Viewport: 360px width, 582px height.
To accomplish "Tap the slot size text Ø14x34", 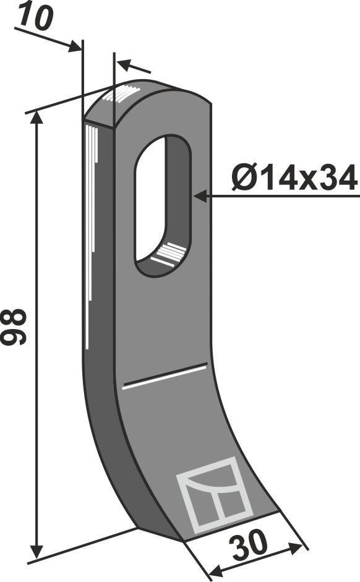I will pyautogui.click(x=294, y=179).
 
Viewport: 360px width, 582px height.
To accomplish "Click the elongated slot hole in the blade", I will pyautogui.click(x=162, y=204).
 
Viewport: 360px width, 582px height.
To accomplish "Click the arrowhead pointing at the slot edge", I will pyautogui.click(x=199, y=197).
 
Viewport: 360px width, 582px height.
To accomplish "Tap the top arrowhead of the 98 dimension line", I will pyautogui.click(x=39, y=119).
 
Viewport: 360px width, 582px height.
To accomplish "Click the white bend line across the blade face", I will pyautogui.click(x=165, y=377).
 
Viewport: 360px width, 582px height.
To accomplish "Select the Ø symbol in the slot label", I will pyautogui.click(x=243, y=179).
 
